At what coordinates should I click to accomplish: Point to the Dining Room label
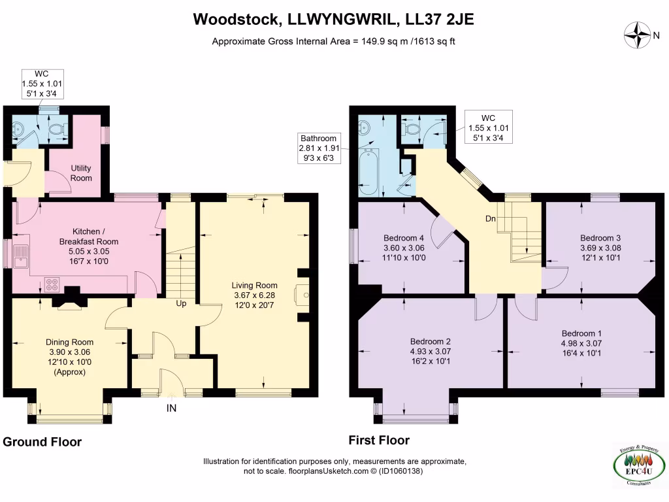point(69,342)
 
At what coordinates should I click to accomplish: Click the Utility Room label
point(81,173)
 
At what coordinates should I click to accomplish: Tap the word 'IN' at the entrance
point(171,408)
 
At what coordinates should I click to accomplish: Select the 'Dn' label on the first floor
point(490,218)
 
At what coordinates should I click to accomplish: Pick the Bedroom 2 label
point(431,342)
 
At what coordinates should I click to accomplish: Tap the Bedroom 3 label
point(600,238)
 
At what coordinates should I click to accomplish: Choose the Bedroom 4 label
point(404,238)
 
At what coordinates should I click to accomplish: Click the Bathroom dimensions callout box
point(318,148)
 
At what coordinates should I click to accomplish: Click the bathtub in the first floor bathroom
point(368,172)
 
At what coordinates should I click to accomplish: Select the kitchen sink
point(20,256)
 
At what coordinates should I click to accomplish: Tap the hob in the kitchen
point(52,284)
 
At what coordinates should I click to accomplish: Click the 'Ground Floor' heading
point(42,442)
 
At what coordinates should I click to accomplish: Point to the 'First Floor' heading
point(379,440)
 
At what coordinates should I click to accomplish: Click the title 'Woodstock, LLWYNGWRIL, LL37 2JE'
point(333,20)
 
